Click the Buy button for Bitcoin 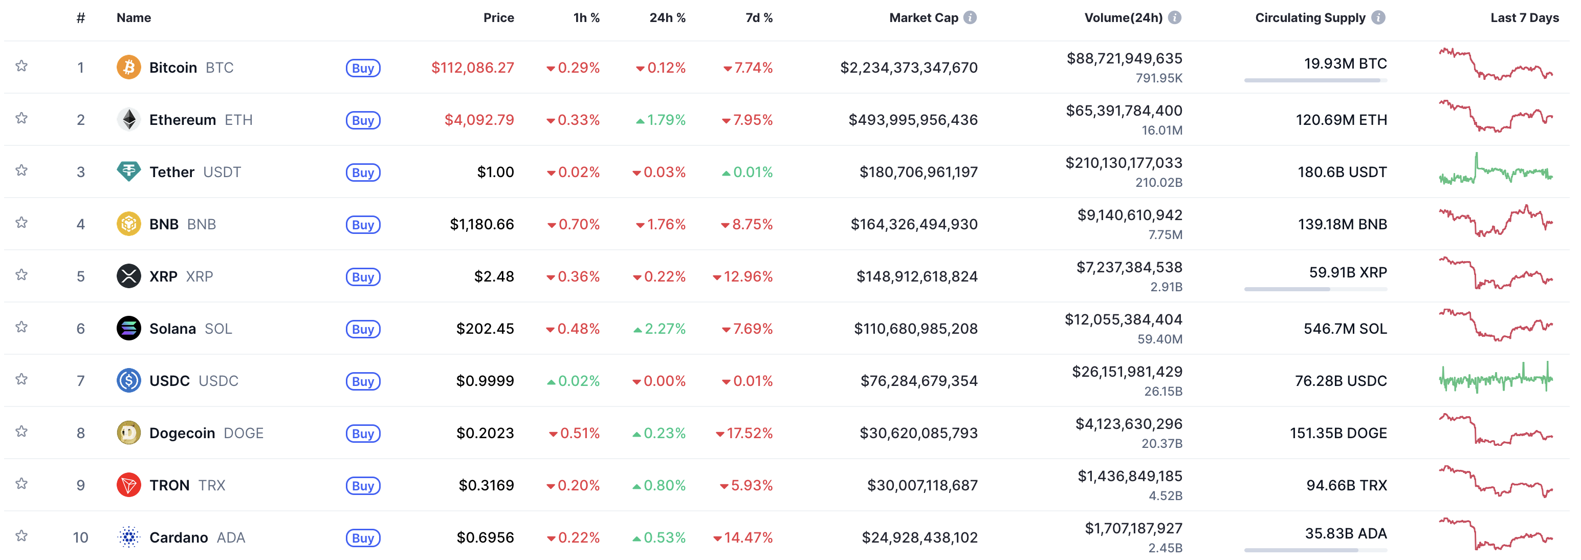click(363, 68)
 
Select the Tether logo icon click(128, 171)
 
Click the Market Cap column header click(923, 18)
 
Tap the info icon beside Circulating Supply click(1378, 18)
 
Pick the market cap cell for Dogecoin click(918, 433)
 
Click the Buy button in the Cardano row click(363, 538)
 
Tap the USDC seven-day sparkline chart click(1496, 378)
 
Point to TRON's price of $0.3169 click(486, 485)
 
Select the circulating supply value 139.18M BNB click(1342, 224)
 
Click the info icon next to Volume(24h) click(1175, 18)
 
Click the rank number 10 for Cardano click(80, 537)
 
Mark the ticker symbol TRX click(212, 485)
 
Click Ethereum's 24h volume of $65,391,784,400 click(1124, 111)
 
